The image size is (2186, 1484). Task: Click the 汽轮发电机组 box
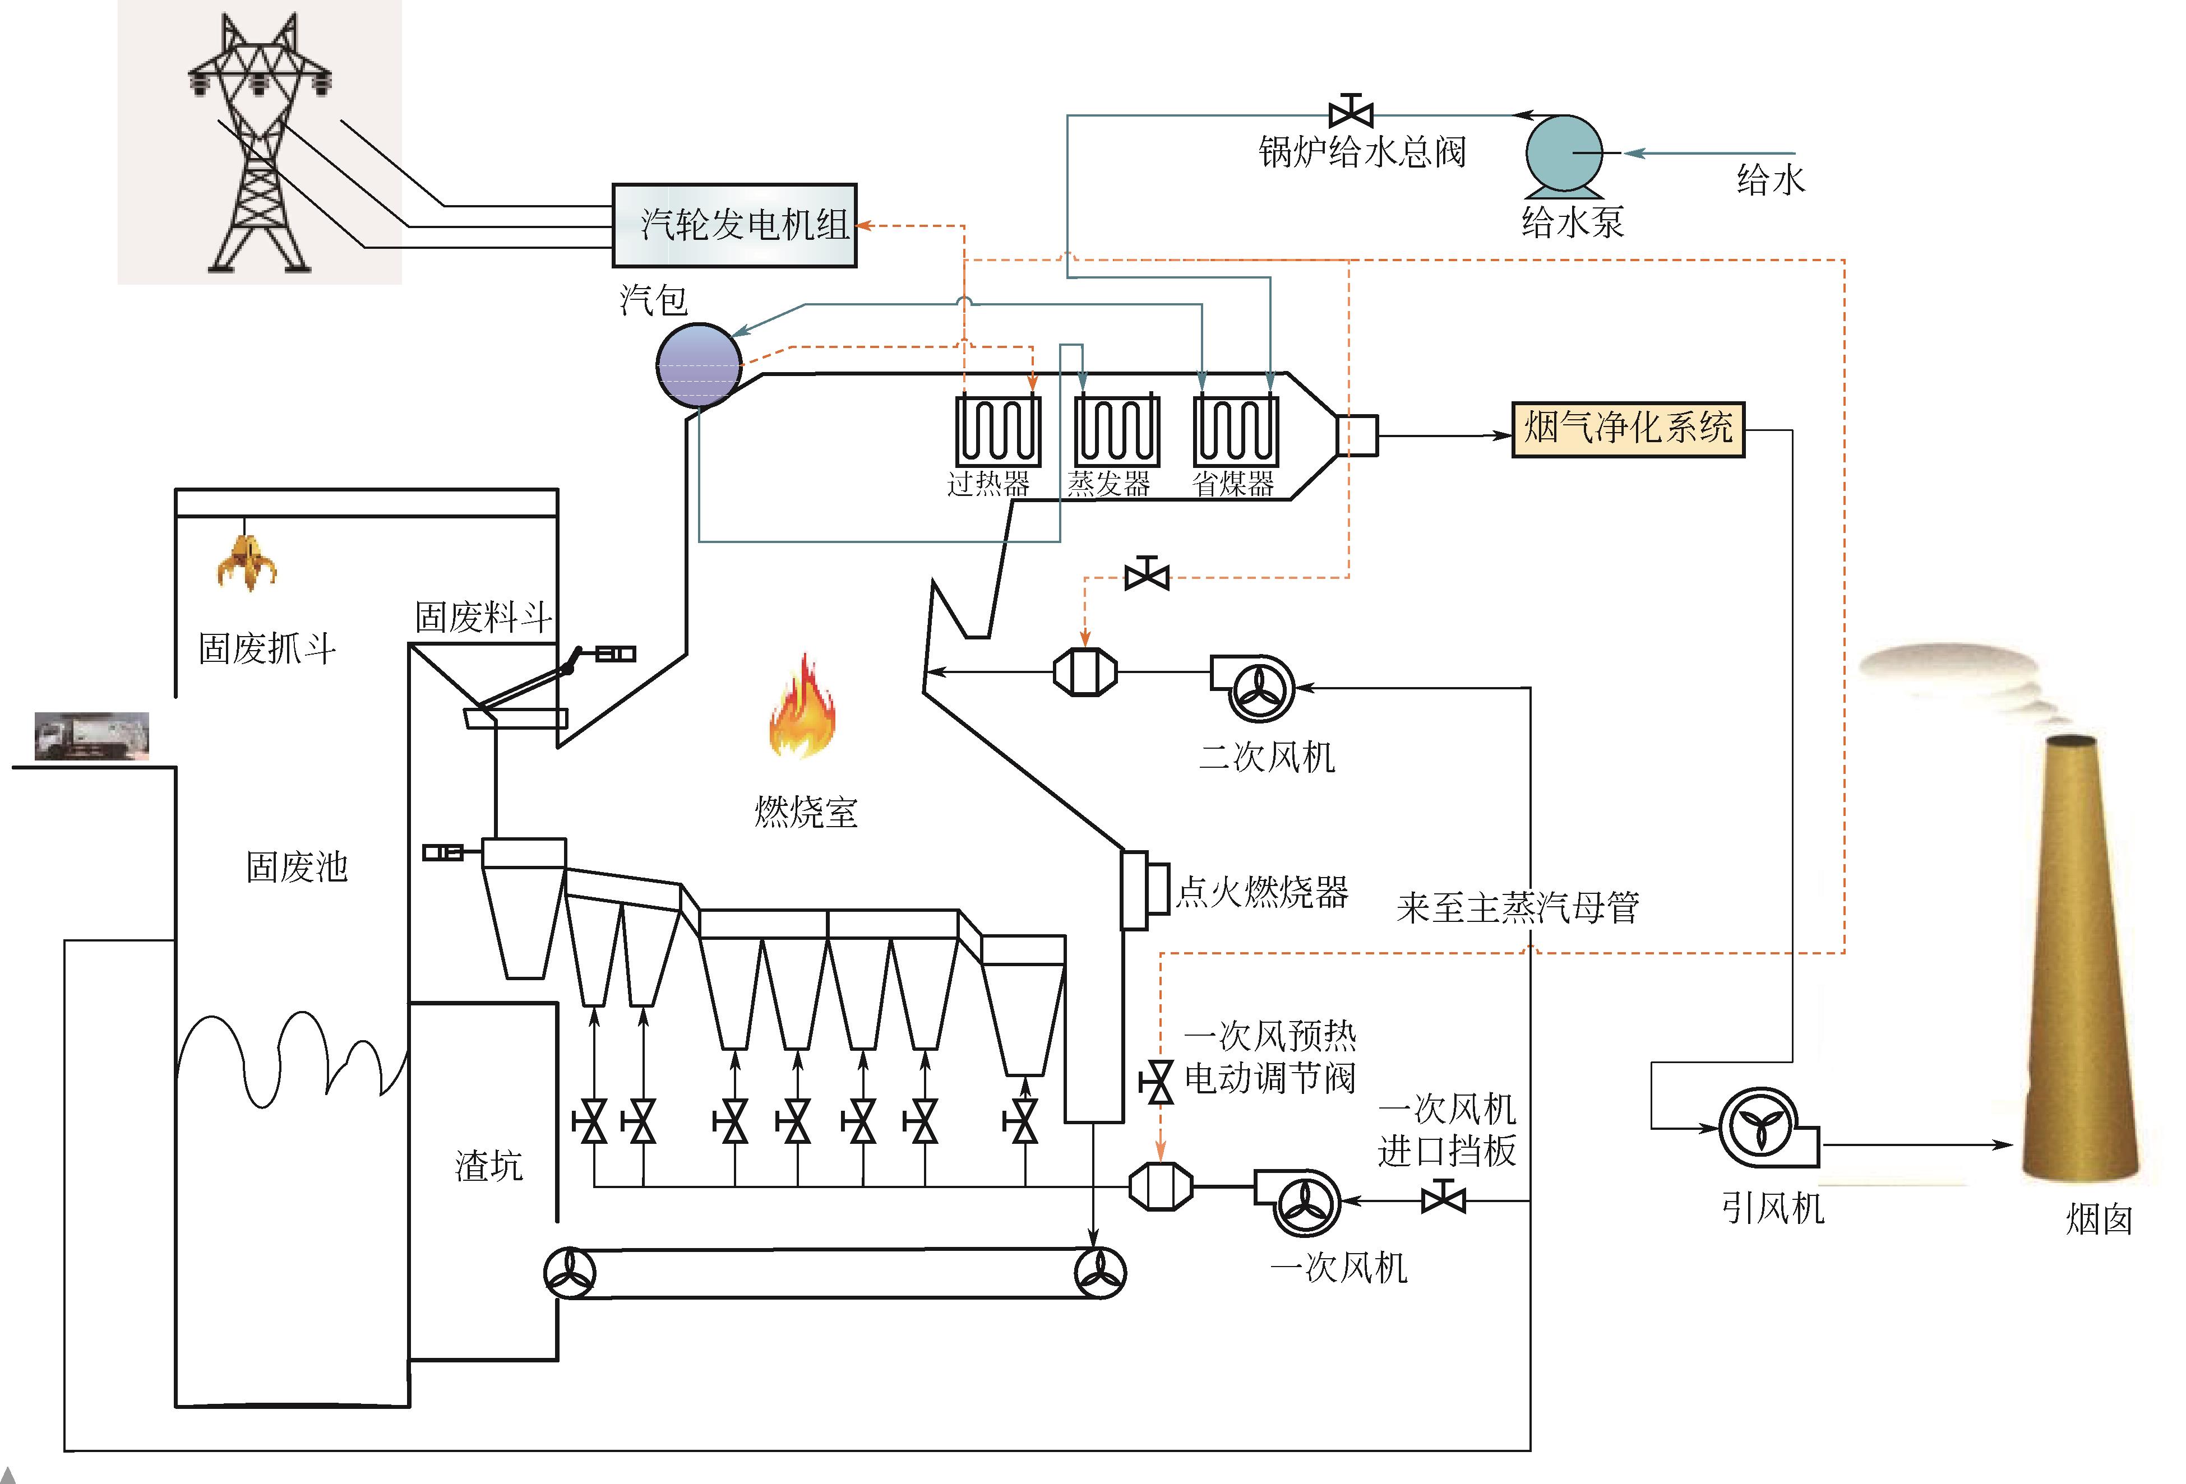tap(734, 226)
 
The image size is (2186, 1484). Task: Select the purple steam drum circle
tap(698, 365)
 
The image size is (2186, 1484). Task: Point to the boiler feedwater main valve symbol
tap(1351, 113)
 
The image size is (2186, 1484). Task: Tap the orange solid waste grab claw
tap(247, 562)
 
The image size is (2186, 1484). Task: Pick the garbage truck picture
tap(91, 735)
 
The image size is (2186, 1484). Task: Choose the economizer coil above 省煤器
tap(1235, 431)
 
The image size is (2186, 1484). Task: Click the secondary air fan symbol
tap(1256, 688)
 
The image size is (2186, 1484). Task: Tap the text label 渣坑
tap(488, 1166)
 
